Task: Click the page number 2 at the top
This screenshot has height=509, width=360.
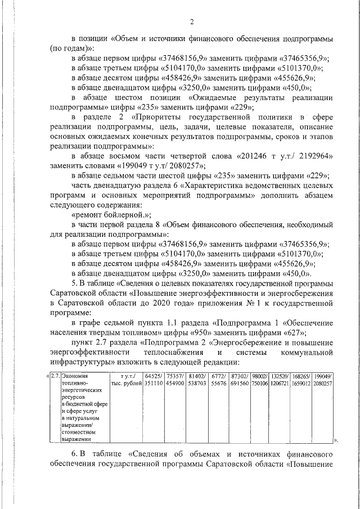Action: tap(192, 22)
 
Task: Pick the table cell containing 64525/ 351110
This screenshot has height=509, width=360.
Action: tap(154, 380)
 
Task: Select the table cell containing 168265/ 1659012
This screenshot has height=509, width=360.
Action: tap(300, 380)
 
